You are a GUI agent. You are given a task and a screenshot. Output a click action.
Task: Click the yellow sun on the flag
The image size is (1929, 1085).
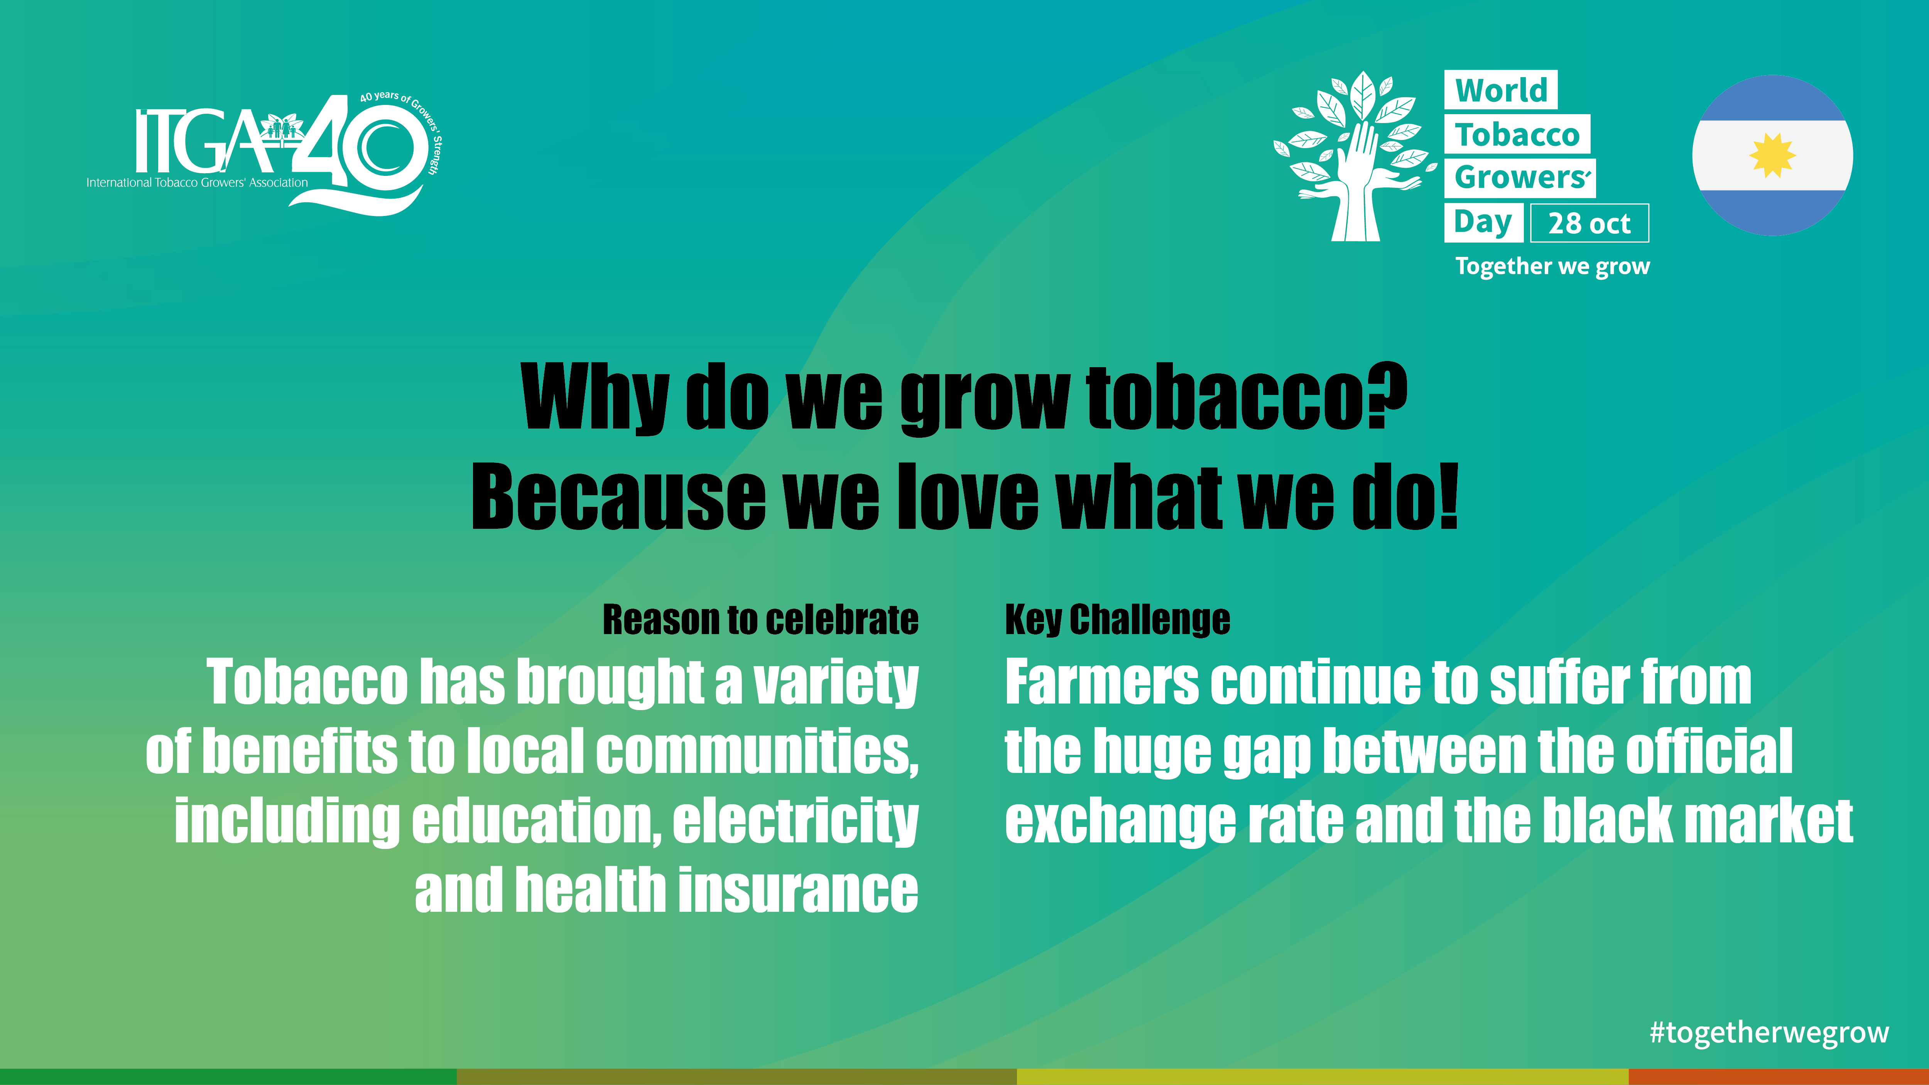1772,156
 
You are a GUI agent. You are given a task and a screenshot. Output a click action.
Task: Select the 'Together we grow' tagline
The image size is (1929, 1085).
1552,267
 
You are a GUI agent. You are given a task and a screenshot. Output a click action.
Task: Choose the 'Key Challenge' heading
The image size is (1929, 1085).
1117,620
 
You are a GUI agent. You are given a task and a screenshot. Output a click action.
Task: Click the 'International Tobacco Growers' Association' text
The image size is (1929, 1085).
197,183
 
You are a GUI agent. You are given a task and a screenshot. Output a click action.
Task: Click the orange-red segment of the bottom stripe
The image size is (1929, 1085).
1779,1077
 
